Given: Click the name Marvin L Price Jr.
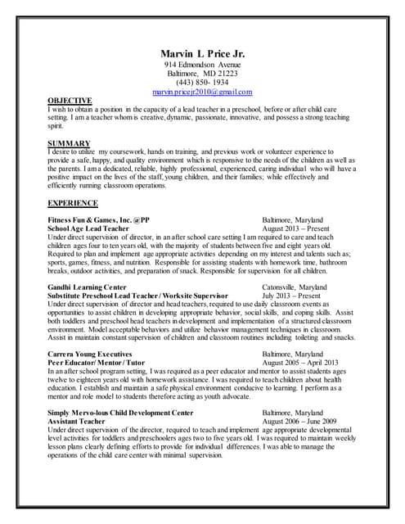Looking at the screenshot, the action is (x=202, y=53).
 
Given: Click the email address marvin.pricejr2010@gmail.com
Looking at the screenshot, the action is (x=202, y=93).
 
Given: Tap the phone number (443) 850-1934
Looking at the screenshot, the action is (x=202, y=84).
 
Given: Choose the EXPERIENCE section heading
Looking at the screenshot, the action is (x=72, y=202).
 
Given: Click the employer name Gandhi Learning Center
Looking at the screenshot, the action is (x=88, y=288).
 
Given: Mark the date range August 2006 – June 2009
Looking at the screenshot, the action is (x=304, y=422).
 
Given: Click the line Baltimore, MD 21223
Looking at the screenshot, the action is (x=202, y=74).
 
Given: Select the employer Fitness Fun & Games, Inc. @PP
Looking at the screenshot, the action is (x=97, y=220).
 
